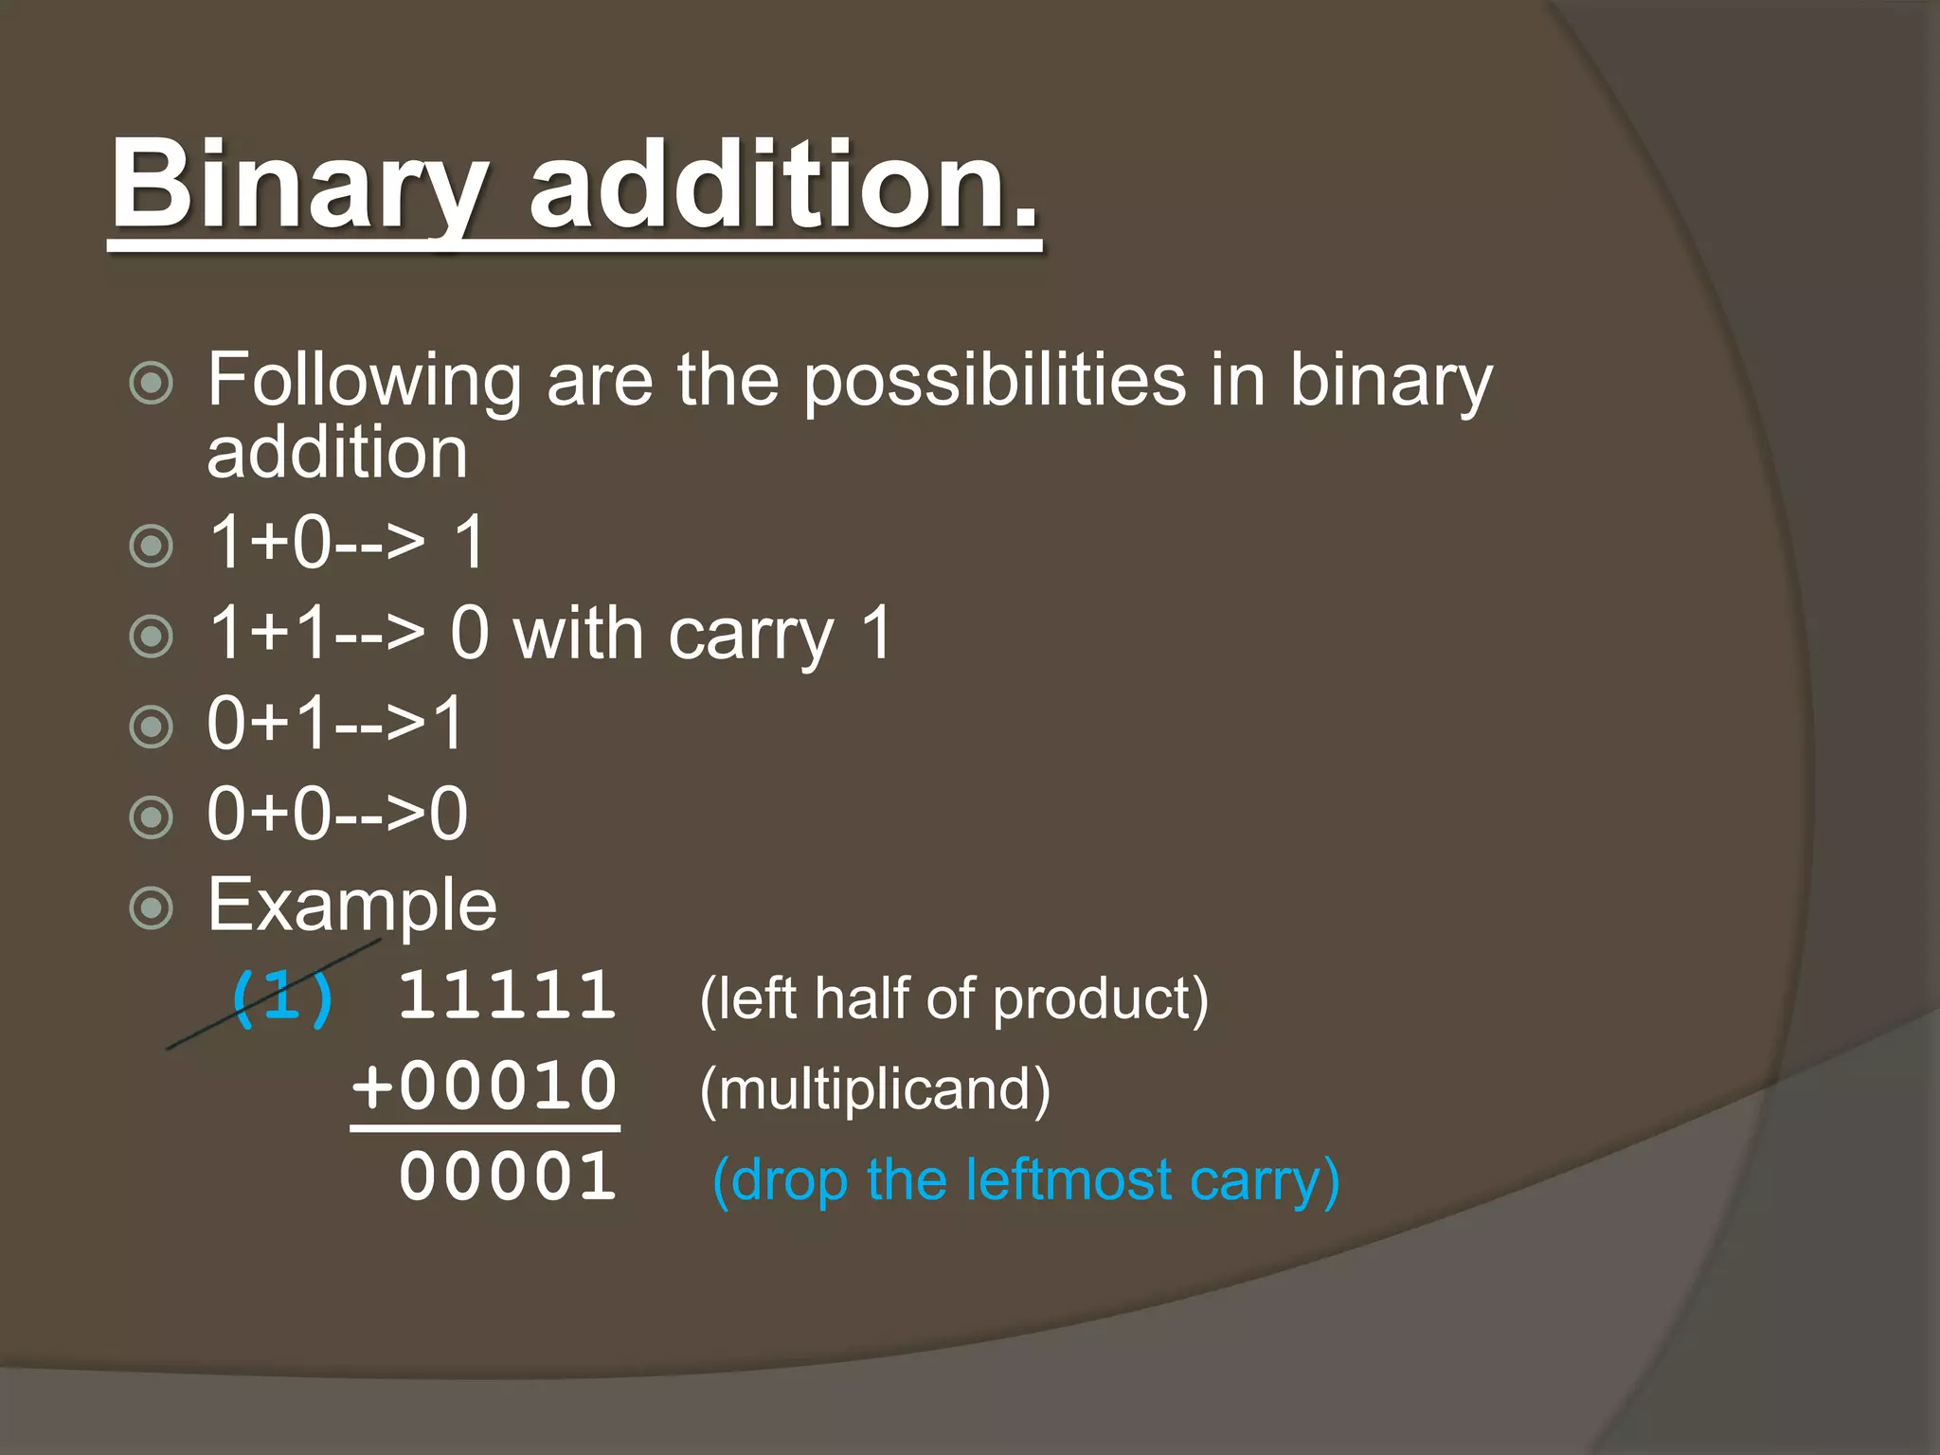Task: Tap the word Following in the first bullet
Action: tap(364, 381)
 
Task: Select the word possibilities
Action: tap(995, 381)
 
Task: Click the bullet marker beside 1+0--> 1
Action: tap(151, 547)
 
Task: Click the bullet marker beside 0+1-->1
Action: tap(151, 727)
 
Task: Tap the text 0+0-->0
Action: tap(337, 814)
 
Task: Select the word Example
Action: tap(351, 906)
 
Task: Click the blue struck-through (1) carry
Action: tap(282, 997)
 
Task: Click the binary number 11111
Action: tap(508, 996)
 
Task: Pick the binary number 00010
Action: tap(508, 1086)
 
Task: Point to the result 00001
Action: tap(508, 1177)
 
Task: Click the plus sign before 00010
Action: tap(372, 1086)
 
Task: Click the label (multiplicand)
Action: tap(875, 1089)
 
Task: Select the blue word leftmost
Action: tap(1068, 1180)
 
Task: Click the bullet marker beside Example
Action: tap(151, 908)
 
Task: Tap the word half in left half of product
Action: tap(860, 999)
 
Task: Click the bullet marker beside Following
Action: tap(151, 384)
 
